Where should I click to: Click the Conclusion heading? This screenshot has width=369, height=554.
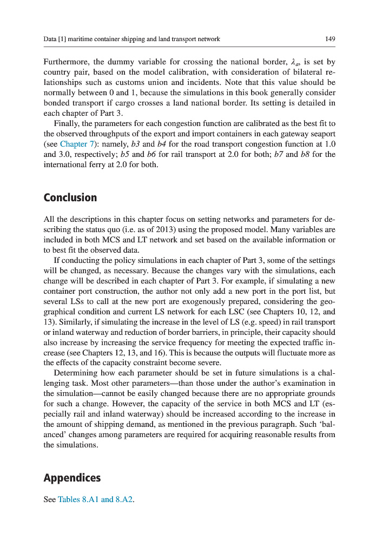pyautogui.click(x=70, y=197)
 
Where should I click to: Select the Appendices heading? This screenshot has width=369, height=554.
pyautogui.click(x=72, y=478)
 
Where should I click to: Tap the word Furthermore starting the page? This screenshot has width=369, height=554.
pyautogui.click(x=67, y=62)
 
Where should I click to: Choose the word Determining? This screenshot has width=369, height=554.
pyautogui.click(x=76, y=373)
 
